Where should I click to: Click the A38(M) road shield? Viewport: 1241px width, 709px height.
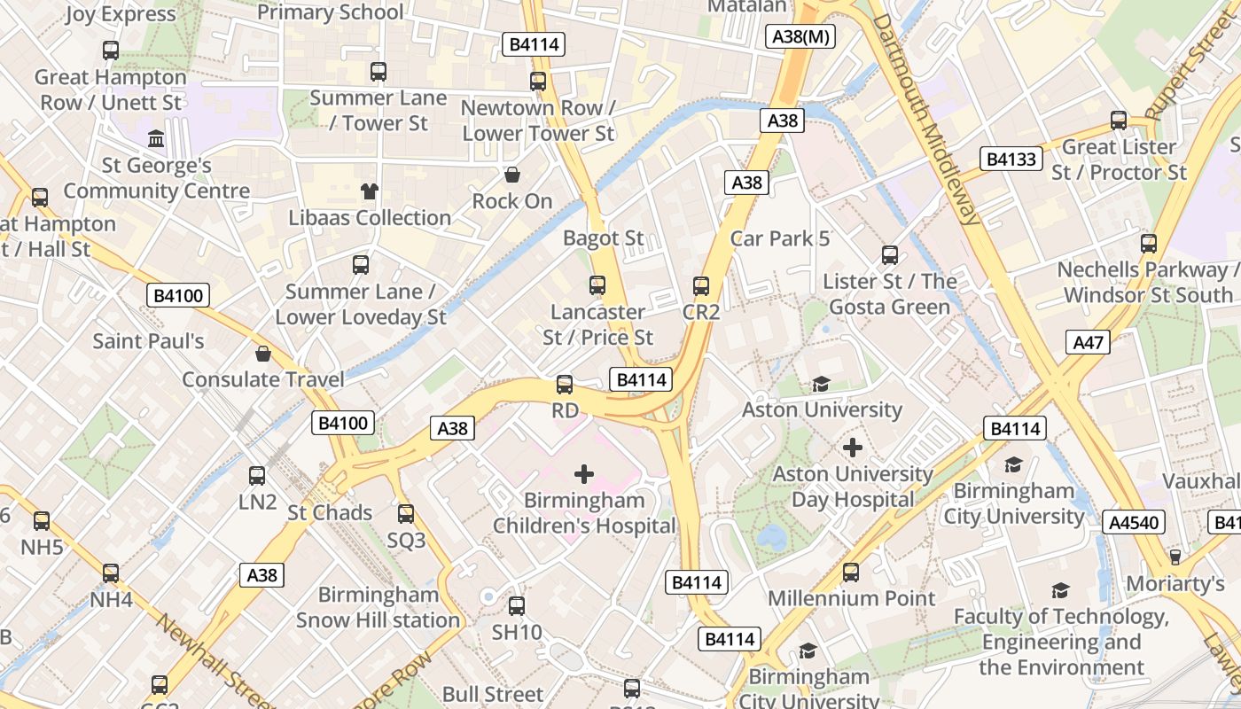click(800, 36)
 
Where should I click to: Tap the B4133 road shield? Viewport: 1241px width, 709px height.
click(1011, 160)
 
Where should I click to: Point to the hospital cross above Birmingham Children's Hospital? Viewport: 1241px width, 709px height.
click(584, 474)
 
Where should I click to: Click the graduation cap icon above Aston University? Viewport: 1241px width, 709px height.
click(822, 384)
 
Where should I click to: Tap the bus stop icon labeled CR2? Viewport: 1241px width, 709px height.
click(701, 286)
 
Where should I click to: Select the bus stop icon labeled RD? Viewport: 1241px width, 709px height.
click(565, 385)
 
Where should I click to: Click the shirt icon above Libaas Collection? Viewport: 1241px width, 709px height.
click(370, 191)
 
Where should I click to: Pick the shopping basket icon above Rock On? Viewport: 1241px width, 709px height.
click(511, 175)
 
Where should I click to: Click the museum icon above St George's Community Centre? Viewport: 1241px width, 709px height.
click(157, 139)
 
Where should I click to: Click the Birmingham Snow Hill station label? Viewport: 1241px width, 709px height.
click(378, 607)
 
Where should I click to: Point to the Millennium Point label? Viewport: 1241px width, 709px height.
click(851, 598)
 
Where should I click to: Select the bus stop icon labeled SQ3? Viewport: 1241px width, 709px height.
click(406, 513)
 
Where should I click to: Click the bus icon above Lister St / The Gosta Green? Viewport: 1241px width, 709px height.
click(890, 255)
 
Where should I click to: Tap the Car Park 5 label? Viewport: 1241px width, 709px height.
click(780, 238)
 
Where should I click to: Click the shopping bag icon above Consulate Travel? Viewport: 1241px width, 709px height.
click(262, 354)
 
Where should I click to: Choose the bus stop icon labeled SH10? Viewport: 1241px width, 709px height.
click(516, 606)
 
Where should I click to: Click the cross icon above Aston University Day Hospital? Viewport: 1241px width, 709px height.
click(853, 448)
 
